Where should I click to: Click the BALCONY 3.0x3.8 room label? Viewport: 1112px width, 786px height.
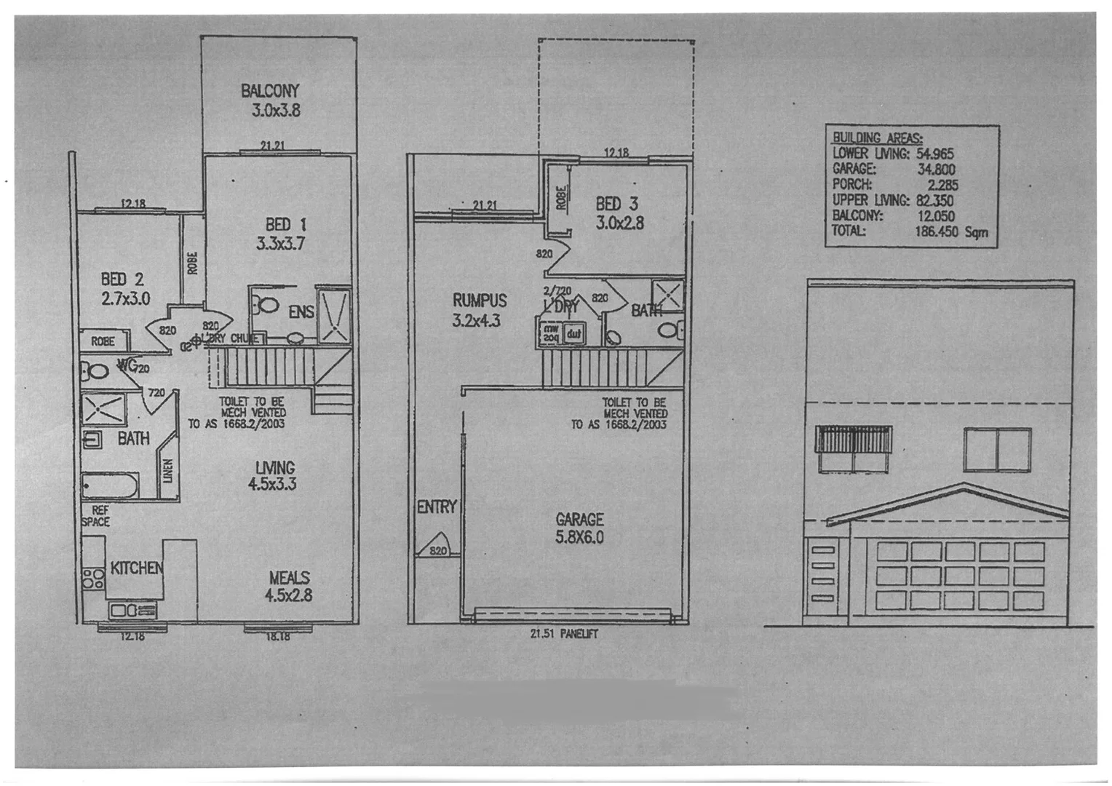point(271,100)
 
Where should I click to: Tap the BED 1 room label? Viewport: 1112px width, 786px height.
point(279,234)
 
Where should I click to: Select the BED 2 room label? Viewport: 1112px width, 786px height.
point(124,288)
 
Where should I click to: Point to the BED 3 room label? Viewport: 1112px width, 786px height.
point(619,213)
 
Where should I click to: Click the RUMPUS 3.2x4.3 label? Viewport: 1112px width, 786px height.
point(478,309)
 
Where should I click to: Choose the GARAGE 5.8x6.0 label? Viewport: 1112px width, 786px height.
point(579,528)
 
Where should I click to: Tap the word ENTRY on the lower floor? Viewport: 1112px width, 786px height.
point(436,507)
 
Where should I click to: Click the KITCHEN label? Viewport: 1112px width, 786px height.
point(136,568)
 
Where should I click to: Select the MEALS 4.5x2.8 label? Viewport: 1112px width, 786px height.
point(289,586)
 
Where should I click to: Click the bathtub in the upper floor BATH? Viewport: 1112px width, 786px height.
point(110,485)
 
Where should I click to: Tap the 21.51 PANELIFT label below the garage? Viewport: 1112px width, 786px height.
point(564,634)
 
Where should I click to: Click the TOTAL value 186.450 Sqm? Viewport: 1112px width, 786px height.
point(950,232)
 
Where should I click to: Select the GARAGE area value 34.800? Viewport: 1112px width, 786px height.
point(937,170)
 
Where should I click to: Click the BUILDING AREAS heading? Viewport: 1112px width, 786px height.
point(877,138)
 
